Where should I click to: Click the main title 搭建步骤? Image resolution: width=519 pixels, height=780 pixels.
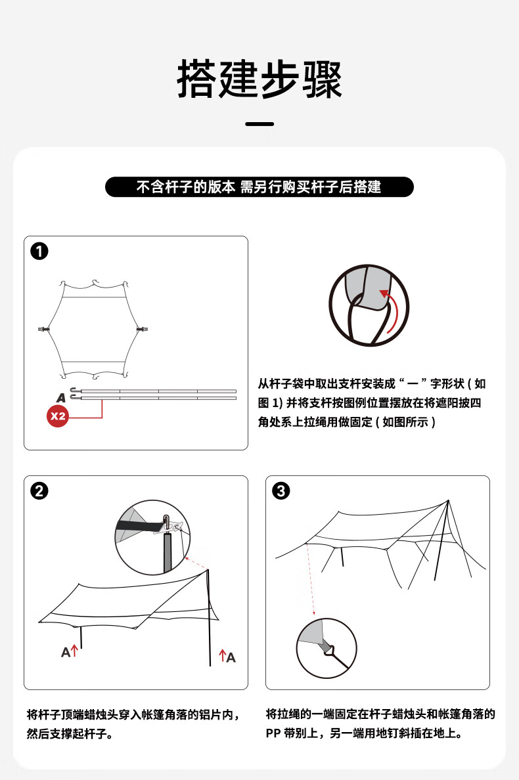click(259, 80)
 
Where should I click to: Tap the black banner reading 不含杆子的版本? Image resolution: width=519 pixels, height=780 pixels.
click(259, 187)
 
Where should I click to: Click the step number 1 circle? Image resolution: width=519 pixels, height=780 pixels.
click(40, 251)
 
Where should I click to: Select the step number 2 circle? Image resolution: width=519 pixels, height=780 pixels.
click(40, 491)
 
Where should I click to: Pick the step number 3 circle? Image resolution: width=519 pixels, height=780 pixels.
click(282, 491)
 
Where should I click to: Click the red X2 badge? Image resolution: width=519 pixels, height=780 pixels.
click(58, 416)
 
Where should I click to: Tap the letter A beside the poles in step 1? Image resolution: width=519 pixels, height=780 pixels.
click(61, 397)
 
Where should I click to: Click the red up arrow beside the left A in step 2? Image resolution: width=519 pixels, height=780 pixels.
click(75, 651)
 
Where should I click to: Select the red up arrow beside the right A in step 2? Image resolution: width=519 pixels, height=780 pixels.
click(223, 655)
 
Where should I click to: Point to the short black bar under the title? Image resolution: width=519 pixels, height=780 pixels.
click(259, 123)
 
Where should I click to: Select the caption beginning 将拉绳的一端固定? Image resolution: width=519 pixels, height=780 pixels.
click(380, 724)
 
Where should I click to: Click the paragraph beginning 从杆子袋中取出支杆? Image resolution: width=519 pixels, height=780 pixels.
click(372, 402)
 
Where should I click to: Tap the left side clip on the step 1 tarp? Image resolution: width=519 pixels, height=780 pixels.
click(44, 328)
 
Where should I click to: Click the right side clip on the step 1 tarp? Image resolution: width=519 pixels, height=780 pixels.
click(141, 328)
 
